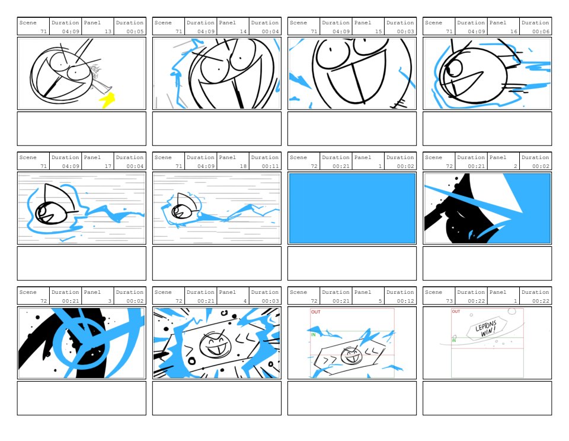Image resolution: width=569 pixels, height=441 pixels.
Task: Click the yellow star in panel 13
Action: pyautogui.click(x=107, y=100)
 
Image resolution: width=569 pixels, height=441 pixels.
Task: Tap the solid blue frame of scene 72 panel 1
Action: pyautogui.click(x=352, y=208)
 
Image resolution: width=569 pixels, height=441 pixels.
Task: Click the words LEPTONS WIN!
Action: pyautogui.click(x=485, y=328)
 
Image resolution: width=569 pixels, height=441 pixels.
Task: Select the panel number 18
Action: pyautogui.click(x=243, y=166)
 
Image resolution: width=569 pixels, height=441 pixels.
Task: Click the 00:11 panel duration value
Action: pyautogui.click(x=270, y=166)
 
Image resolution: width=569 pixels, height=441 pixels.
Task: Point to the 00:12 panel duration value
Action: pyautogui.click(x=405, y=301)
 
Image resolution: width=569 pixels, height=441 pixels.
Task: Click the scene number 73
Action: pyautogui.click(x=449, y=301)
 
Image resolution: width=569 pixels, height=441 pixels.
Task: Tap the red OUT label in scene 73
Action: pyautogui.click(x=456, y=312)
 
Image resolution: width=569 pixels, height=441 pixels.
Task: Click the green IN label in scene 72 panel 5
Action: pyautogui.click(x=313, y=335)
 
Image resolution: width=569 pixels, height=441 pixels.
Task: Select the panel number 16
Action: pyautogui.click(x=513, y=31)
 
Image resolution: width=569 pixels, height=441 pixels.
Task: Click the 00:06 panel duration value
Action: pyautogui.click(x=541, y=31)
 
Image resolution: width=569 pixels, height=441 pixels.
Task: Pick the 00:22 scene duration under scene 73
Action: pyautogui.click(x=477, y=301)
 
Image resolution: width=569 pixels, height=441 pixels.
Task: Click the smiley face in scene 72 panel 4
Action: pyautogui.click(x=215, y=344)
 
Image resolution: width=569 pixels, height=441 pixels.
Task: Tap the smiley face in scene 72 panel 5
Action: pyautogui.click(x=351, y=356)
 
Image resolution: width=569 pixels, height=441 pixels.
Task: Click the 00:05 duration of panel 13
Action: pyautogui.click(x=135, y=31)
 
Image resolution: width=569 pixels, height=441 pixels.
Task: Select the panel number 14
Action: pyautogui.click(x=243, y=31)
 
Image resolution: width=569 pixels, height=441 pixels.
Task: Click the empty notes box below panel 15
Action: pyautogui.click(x=352, y=129)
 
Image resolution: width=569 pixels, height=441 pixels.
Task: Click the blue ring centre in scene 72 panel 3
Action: pyautogui.click(x=81, y=343)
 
